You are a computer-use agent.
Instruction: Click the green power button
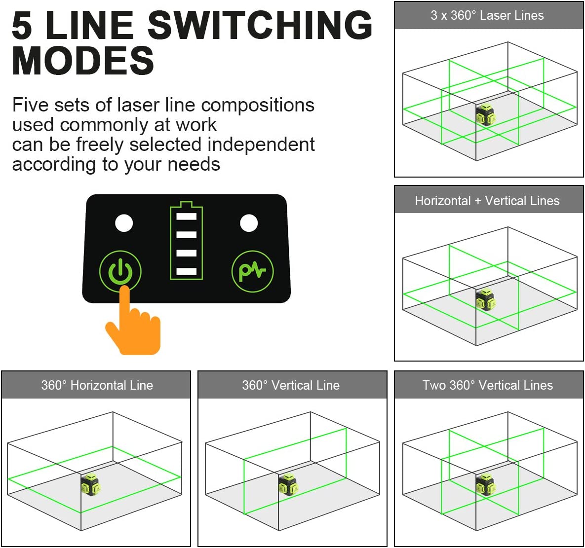(x=120, y=271)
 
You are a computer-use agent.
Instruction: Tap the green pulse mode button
(x=253, y=271)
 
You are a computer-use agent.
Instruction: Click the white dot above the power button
(x=124, y=223)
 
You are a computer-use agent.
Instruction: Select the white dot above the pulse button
(x=249, y=223)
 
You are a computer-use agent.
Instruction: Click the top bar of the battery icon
(x=186, y=217)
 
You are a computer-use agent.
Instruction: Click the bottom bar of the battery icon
(x=186, y=271)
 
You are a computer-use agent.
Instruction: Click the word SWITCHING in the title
(x=260, y=25)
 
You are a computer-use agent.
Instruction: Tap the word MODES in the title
(x=83, y=60)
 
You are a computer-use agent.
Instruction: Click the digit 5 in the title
(x=22, y=25)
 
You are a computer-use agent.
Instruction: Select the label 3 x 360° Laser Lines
(x=487, y=15)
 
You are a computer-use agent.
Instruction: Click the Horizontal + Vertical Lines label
(x=487, y=201)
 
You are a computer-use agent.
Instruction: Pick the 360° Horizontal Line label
(x=97, y=385)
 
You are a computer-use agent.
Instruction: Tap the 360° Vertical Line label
(x=291, y=385)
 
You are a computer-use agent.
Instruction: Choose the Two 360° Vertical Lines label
(x=487, y=385)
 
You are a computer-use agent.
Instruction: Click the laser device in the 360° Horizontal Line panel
(x=90, y=484)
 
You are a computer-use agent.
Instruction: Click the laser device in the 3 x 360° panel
(x=485, y=115)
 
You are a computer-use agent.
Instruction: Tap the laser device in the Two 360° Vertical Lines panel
(x=485, y=484)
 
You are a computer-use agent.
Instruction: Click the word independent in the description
(x=261, y=144)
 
